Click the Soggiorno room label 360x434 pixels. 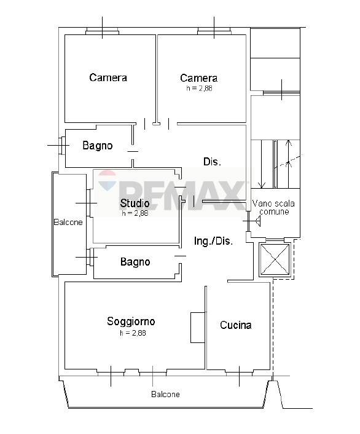[131, 322]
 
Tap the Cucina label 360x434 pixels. [236, 325]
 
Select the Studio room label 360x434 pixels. [135, 203]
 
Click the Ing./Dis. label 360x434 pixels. [213, 241]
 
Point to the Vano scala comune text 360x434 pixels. [273, 208]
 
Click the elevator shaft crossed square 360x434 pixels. [275, 259]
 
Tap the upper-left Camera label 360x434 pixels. [108, 77]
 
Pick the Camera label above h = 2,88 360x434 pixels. [198, 78]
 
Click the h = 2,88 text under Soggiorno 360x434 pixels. [133, 333]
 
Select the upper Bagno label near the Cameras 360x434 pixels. [98, 146]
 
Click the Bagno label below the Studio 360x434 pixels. [135, 261]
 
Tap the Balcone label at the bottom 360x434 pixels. [165, 394]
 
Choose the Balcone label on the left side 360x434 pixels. [68, 223]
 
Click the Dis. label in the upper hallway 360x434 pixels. [212, 162]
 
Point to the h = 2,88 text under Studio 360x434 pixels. [135, 213]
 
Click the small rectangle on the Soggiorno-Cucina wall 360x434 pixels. [198, 328]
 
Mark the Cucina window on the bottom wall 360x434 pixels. [240, 373]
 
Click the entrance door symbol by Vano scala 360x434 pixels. [252, 221]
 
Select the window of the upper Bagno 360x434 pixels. [61, 145]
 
